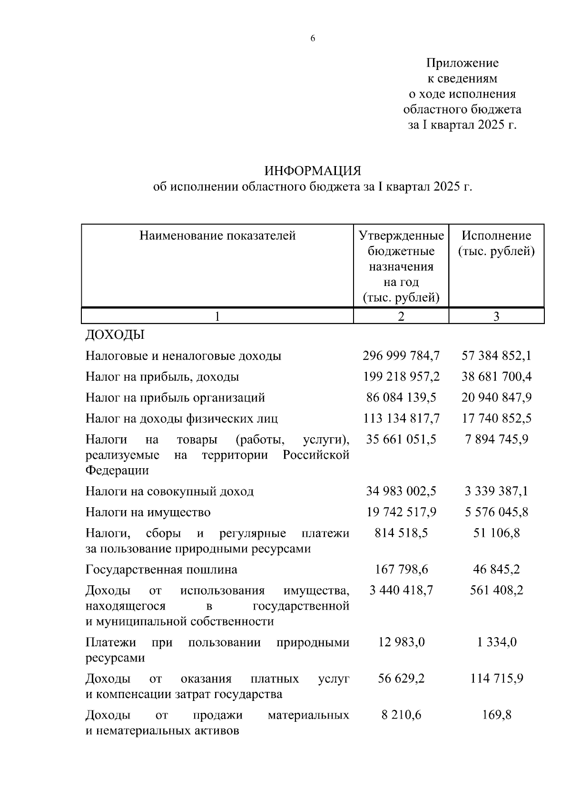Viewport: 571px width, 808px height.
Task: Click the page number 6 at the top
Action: [x=313, y=39]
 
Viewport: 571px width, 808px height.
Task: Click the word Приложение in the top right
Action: [x=462, y=63]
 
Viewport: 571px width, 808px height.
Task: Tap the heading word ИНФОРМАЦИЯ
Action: [x=313, y=171]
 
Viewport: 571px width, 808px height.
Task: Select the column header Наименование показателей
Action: [x=217, y=236]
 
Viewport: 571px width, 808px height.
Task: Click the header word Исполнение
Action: [x=496, y=236]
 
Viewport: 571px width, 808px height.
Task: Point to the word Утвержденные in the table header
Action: [x=401, y=236]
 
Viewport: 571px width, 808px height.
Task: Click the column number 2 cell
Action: [x=401, y=316]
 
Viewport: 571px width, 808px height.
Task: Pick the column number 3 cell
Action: [x=496, y=316]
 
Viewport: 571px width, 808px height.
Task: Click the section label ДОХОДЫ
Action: [x=115, y=335]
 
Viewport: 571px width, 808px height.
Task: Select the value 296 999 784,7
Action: [x=401, y=356]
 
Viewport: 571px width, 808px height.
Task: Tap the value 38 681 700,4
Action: [x=496, y=377]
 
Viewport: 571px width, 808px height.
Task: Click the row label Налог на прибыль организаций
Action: [x=175, y=398]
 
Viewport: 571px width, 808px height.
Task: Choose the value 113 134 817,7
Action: [x=401, y=419]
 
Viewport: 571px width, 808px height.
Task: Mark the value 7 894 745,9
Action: [x=496, y=439]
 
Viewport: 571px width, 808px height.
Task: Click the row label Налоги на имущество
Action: [x=148, y=512]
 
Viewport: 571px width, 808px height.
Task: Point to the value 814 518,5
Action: [x=401, y=533]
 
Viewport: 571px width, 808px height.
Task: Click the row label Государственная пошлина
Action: [x=161, y=570]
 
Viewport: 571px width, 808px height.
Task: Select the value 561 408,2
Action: [x=496, y=591]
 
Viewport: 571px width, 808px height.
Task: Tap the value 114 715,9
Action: [x=496, y=679]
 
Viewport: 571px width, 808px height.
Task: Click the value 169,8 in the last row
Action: [x=496, y=715]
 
